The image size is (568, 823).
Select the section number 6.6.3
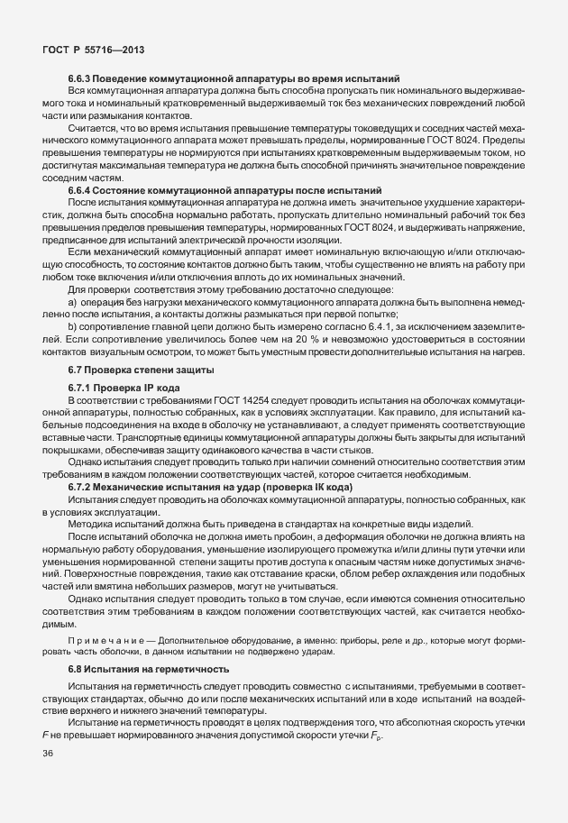pyautogui.click(x=81, y=81)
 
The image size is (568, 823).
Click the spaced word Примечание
pyautogui.click(x=103, y=639)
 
